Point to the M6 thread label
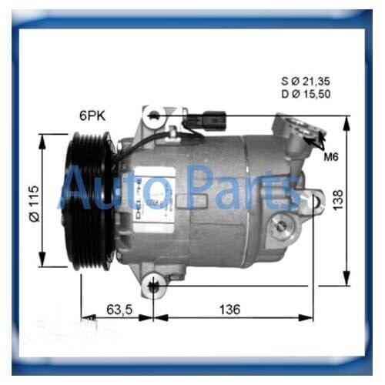331,157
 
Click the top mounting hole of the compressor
155,116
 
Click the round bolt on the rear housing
282,225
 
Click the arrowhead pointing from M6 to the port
318,140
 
